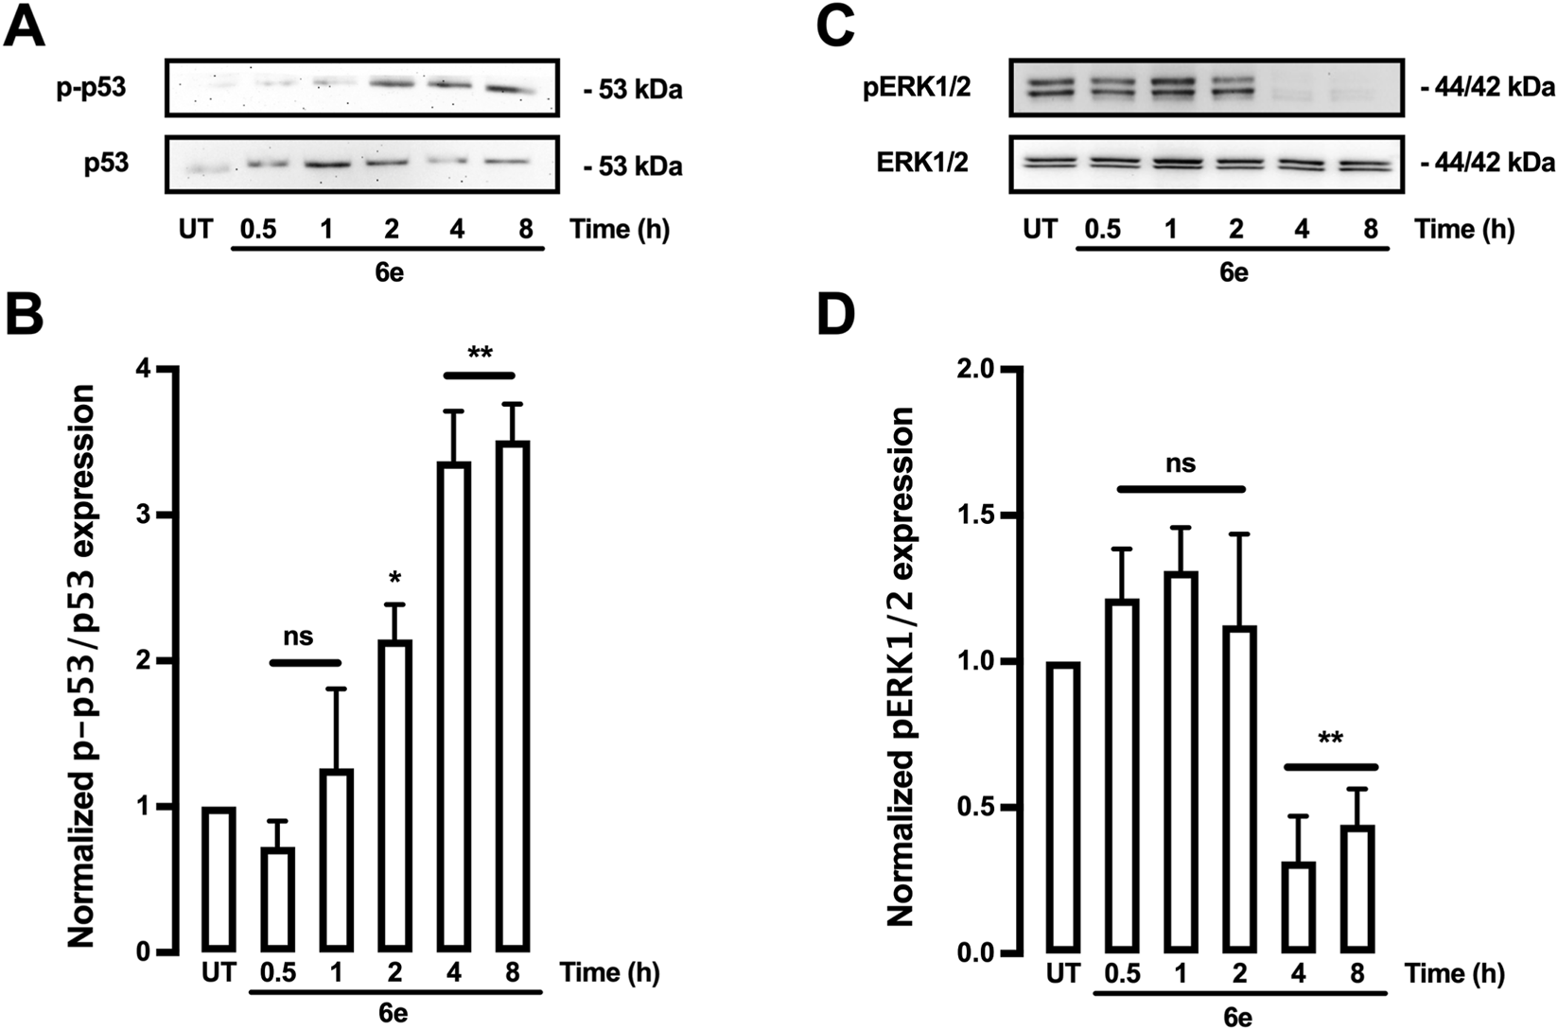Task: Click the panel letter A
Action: pos(24,29)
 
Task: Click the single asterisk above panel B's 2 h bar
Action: pos(394,576)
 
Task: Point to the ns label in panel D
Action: pos(1180,463)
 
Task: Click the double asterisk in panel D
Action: pos(1330,739)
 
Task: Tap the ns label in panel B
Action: pos(299,637)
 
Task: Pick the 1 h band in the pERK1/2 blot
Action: pos(1171,87)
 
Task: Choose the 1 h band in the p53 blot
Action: pos(325,162)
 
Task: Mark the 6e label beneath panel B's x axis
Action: pos(394,1013)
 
